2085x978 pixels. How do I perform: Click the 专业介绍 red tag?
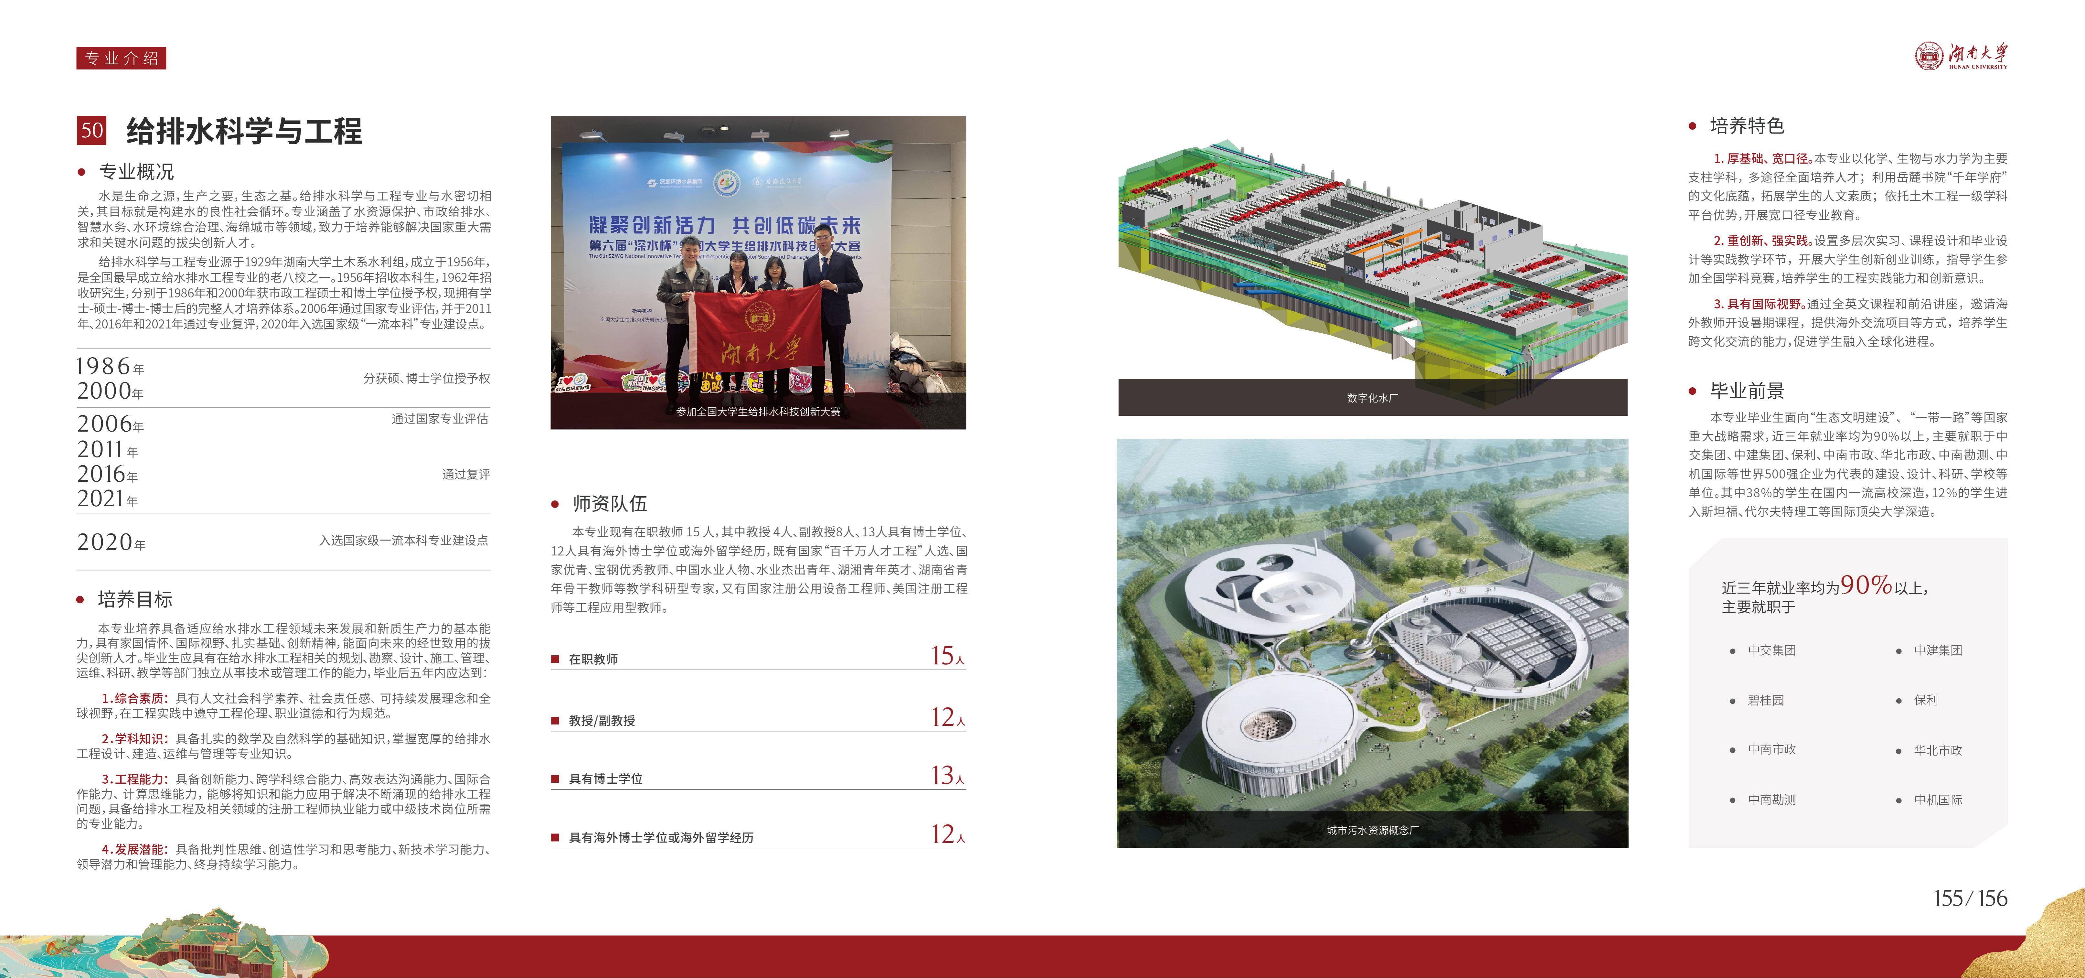[x=122, y=58]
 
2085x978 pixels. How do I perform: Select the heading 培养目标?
[x=135, y=599]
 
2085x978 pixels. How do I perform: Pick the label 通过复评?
[x=466, y=474]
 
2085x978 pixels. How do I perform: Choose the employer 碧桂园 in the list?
[x=1765, y=700]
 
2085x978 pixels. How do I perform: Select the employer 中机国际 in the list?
[x=1938, y=800]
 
